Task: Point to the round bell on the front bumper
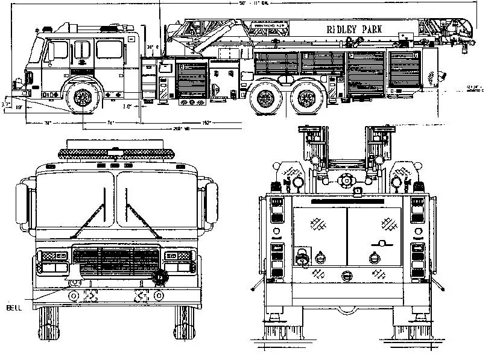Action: (159, 278)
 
